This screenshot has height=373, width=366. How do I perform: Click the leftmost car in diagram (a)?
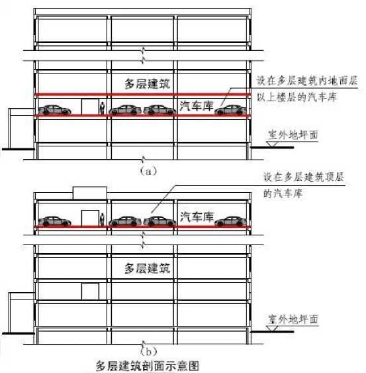click(x=55, y=110)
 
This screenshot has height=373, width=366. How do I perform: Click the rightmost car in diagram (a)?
click(x=231, y=110)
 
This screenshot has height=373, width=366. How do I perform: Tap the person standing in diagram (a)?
click(x=103, y=108)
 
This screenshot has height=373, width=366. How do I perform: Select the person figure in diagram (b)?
click(x=102, y=219)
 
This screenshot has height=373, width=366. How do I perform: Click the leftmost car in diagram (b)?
click(x=55, y=221)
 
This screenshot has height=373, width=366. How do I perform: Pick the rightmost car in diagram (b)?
click(x=231, y=221)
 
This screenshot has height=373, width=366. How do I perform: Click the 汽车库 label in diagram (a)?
click(x=197, y=106)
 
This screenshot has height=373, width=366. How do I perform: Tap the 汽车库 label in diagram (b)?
click(x=197, y=217)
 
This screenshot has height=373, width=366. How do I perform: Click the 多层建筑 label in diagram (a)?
click(x=148, y=83)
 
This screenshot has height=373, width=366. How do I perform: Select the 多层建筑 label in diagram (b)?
click(x=148, y=268)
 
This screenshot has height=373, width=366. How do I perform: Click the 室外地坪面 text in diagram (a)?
click(x=293, y=135)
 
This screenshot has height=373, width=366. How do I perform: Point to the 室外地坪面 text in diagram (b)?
click(x=293, y=319)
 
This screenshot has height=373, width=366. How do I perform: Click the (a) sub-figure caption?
click(x=148, y=171)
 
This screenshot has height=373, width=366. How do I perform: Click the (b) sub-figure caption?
click(x=148, y=351)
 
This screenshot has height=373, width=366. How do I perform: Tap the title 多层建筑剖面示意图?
click(x=148, y=366)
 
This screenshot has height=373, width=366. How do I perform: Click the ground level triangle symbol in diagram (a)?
click(x=272, y=144)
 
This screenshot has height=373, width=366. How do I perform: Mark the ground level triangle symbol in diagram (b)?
click(x=272, y=329)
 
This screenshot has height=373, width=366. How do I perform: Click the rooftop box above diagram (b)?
click(x=89, y=193)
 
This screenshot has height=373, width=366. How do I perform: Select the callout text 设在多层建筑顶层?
click(x=304, y=177)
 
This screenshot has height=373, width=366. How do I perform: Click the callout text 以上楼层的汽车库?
click(x=297, y=97)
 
